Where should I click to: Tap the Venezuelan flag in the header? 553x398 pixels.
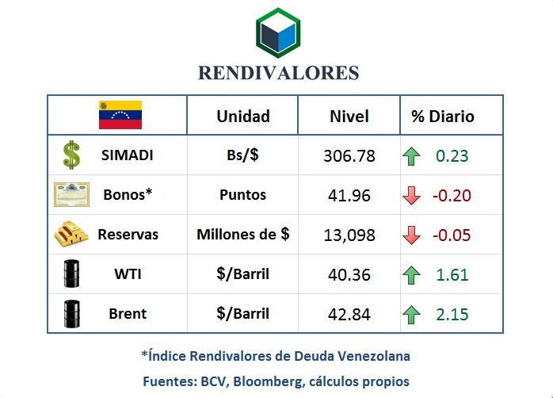tap(120, 116)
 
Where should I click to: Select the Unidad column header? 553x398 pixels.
tap(243, 117)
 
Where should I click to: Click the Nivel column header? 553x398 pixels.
tap(349, 117)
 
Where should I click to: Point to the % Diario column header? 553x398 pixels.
tap(442, 117)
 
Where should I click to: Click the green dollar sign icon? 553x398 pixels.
tap(71, 155)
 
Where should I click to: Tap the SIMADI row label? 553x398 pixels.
tap(128, 155)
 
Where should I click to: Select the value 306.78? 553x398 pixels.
tap(349, 156)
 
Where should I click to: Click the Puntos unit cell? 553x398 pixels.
tap(242, 195)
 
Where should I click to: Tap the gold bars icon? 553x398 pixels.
tap(71, 235)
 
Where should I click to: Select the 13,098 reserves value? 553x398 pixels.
tap(349, 235)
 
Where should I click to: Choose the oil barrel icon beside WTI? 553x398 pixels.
tap(71, 274)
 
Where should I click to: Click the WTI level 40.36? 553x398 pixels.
tap(349, 275)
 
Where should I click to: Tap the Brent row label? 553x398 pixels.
tap(128, 314)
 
